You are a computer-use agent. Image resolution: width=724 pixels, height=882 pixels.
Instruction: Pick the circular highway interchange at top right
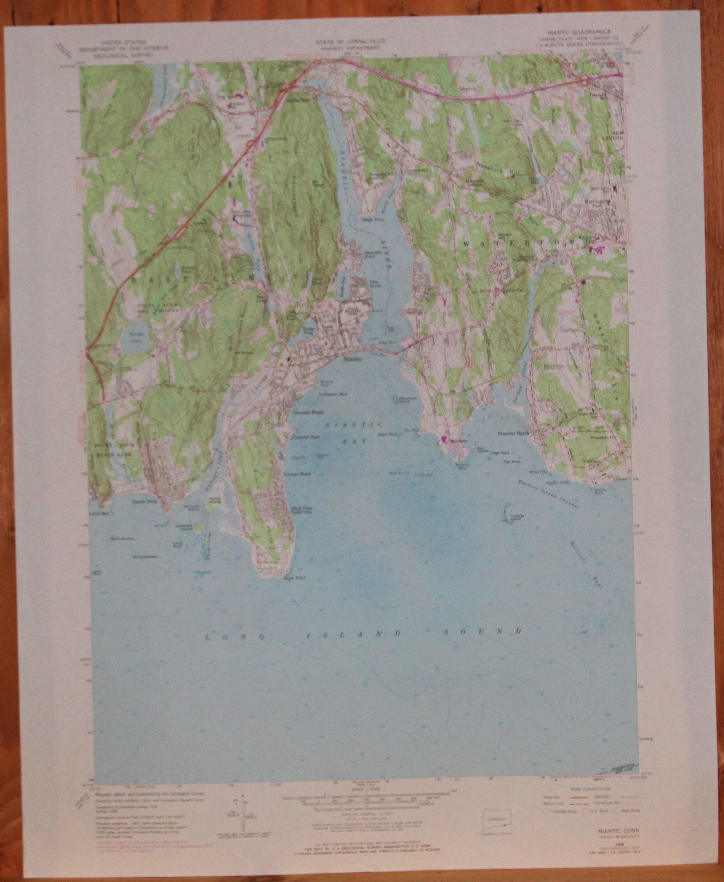[585, 80]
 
